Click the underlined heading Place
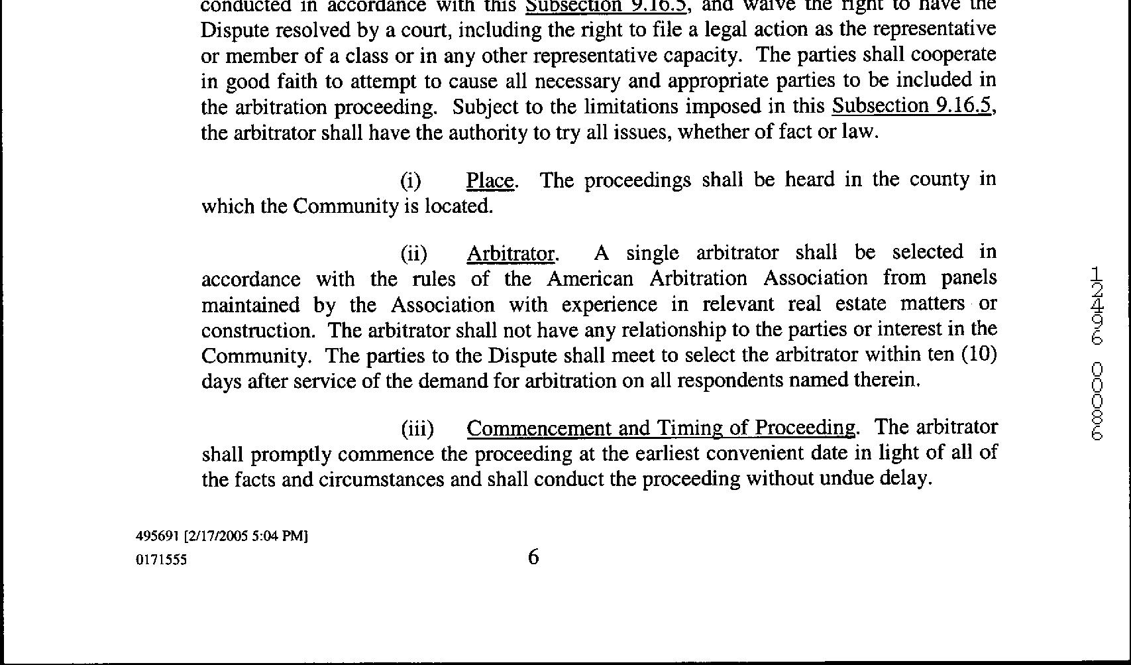coord(490,180)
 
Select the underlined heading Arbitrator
coord(510,253)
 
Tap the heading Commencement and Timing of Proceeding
coord(661,428)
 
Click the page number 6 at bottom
coord(533,558)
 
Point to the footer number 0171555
coord(161,560)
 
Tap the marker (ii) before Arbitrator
coord(413,254)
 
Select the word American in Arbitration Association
coord(590,278)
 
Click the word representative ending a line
coord(934,30)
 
